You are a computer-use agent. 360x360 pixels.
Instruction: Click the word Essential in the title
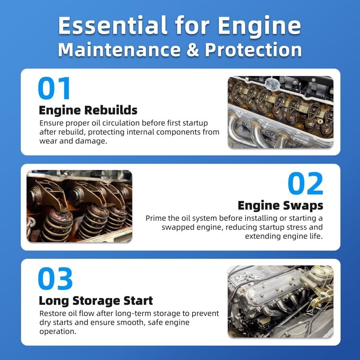point(113,25)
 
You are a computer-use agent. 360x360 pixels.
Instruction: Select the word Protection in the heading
point(253,50)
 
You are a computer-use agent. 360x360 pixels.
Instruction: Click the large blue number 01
point(54,88)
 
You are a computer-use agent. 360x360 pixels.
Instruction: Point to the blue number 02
point(305,184)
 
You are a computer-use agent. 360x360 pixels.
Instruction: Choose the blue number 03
point(55,278)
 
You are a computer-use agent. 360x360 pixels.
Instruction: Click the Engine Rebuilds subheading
point(88,110)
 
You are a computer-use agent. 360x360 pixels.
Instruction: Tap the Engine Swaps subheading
point(280,206)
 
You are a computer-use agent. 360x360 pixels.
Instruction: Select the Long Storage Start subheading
point(96,301)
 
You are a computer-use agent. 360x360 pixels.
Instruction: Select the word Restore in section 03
point(52,313)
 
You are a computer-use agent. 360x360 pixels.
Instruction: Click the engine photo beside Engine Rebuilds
point(280,112)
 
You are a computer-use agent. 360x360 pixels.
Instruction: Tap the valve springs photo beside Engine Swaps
point(80,206)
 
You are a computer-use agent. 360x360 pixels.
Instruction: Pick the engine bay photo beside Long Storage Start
point(280,302)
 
